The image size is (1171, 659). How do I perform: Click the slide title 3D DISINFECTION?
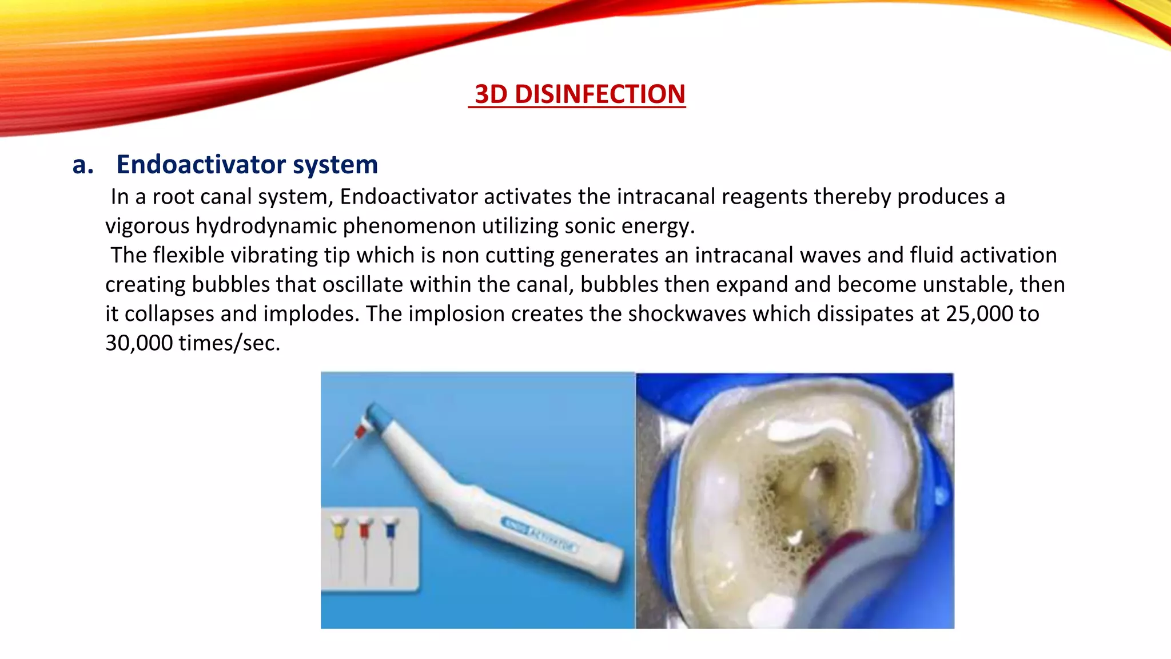pos(579,94)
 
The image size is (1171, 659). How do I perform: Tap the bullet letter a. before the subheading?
pos(83,165)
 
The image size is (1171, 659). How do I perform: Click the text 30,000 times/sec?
pos(193,343)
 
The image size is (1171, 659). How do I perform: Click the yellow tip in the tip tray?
pos(340,529)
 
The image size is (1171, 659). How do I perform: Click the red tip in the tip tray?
pos(365,529)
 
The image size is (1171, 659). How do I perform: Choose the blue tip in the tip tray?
pos(391,529)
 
